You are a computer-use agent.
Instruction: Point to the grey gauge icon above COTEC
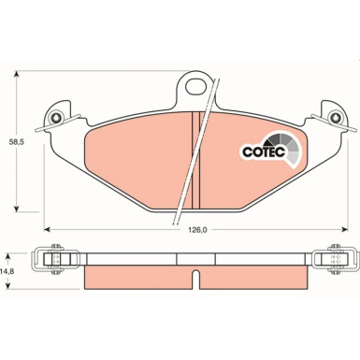tap(288, 147)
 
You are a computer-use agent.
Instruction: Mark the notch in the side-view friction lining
tap(194, 278)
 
